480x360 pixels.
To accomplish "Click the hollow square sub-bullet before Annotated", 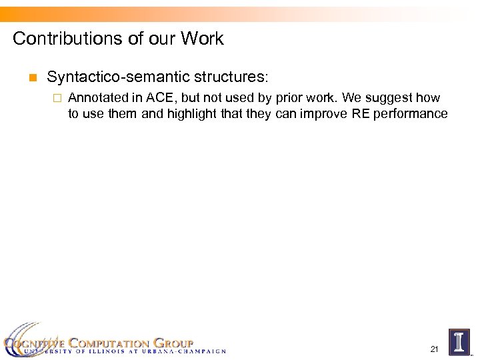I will pyautogui.click(x=57, y=98).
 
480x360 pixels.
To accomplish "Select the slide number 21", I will pyautogui.click(x=434, y=349).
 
